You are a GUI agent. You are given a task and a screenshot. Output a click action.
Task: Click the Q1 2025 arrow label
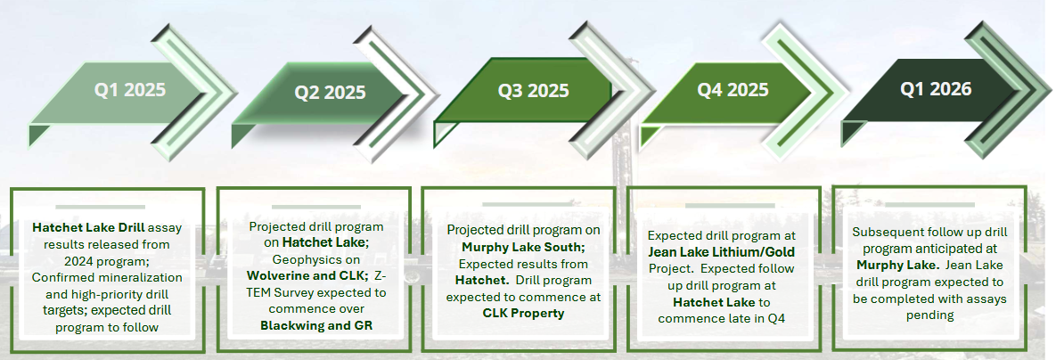[x=129, y=89]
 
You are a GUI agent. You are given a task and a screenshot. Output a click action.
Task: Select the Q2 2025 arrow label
[x=330, y=92]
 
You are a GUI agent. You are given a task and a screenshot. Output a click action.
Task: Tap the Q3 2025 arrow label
[x=534, y=90]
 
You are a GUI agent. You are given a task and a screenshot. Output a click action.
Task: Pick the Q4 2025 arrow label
[x=733, y=89]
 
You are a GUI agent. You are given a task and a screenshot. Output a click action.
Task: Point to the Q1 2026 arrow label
[x=936, y=88]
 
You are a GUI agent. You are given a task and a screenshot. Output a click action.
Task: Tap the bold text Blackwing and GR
[x=316, y=325]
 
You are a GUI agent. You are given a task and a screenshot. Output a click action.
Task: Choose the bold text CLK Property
[x=523, y=313]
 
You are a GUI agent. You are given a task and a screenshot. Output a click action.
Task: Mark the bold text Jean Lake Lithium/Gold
[x=721, y=252]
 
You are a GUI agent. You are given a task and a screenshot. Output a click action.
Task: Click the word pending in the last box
[x=929, y=315]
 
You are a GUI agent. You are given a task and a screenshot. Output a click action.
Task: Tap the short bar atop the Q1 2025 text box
[x=101, y=207]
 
